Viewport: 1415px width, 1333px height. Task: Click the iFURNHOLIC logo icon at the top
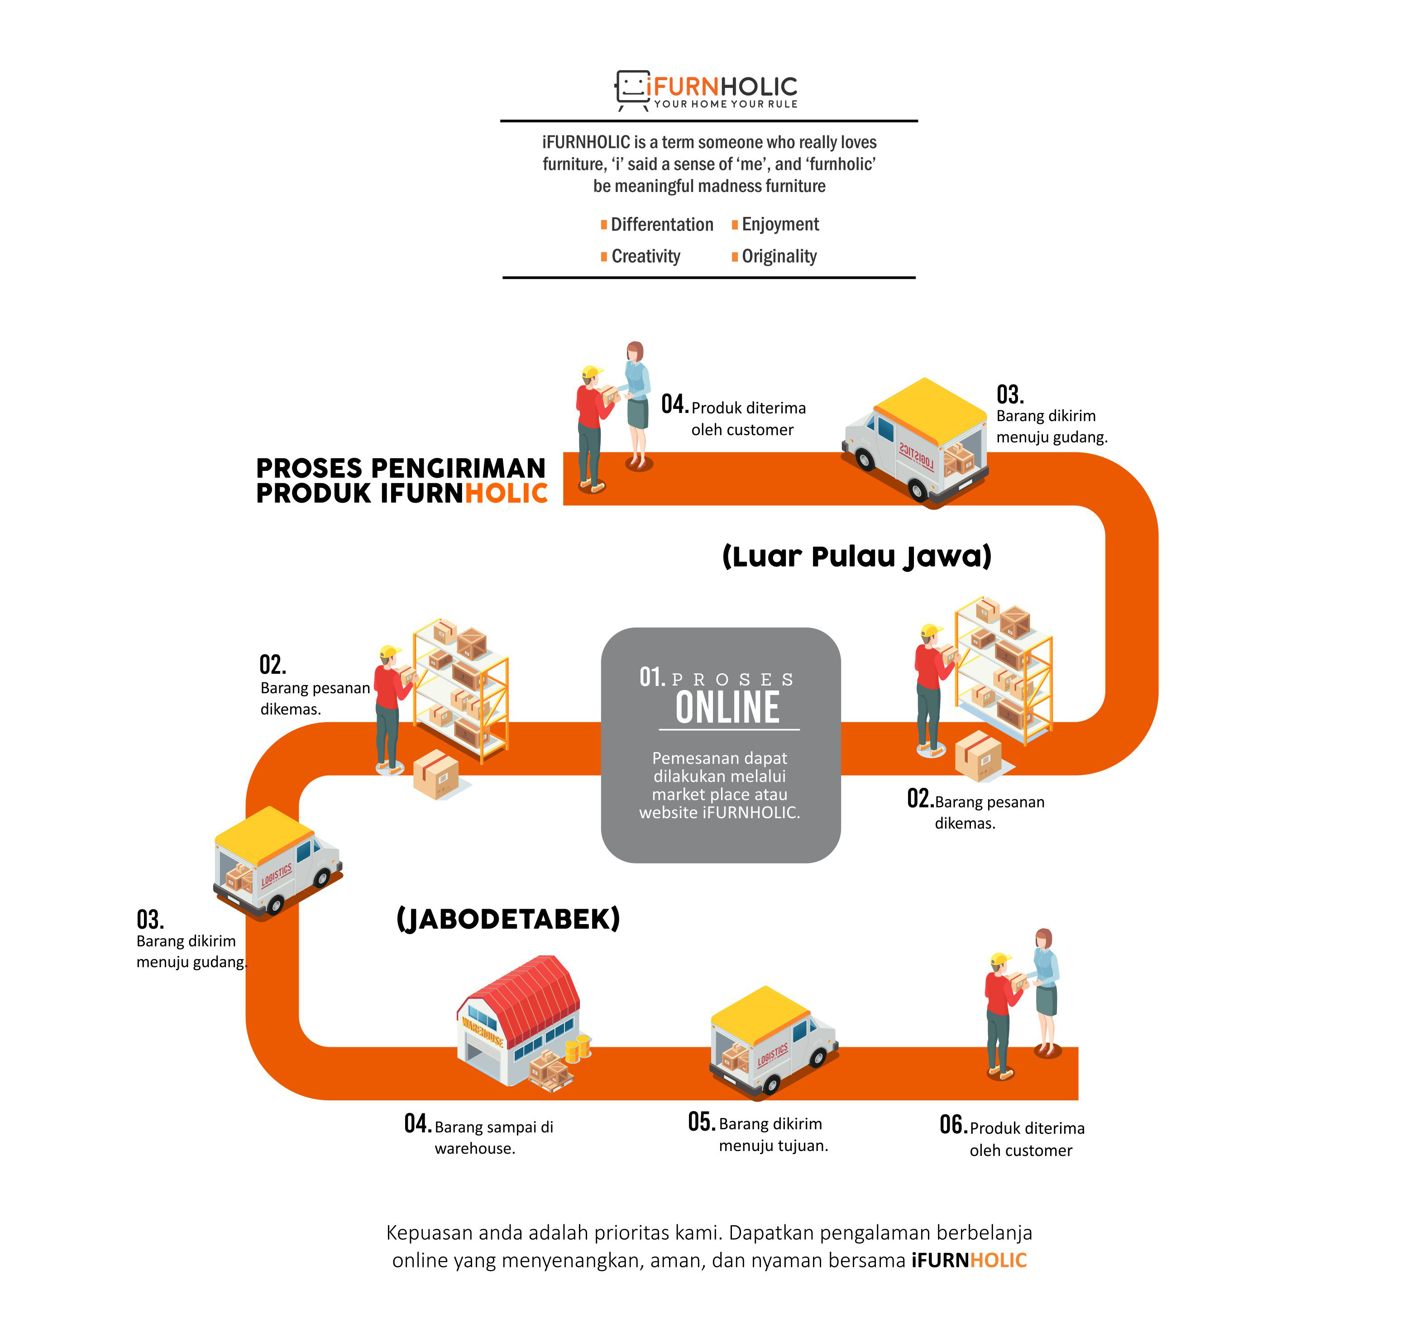point(632,90)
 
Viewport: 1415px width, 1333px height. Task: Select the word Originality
point(779,256)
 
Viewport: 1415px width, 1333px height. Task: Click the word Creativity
point(645,256)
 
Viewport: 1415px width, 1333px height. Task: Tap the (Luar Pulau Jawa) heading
point(857,556)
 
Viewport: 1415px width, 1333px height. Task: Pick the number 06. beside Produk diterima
point(953,1125)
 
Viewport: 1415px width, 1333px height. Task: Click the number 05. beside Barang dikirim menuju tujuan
point(702,1122)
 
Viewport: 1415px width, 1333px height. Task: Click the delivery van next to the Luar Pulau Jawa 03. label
point(915,441)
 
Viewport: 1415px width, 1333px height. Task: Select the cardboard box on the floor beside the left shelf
point(436,774)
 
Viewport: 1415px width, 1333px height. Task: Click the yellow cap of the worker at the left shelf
point(390,652)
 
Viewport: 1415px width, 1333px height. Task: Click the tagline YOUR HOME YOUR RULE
point(726,104)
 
